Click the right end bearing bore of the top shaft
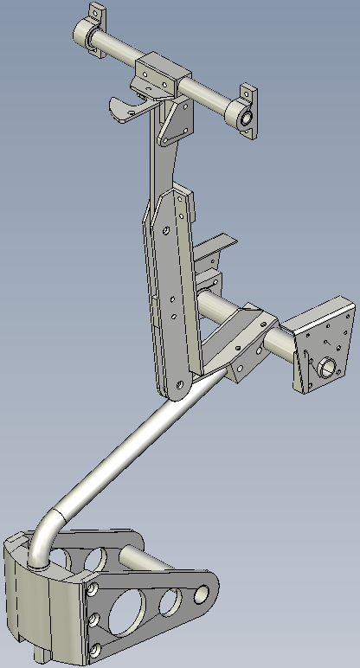click(x=245, y=117)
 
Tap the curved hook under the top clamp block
click(x=125, y=109)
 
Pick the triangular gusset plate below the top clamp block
click(x=178, y=121)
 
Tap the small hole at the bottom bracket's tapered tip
click(x=202, y=594)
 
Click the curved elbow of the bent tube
click(x=48, y=528)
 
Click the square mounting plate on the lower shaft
click(x=322, y=342)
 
